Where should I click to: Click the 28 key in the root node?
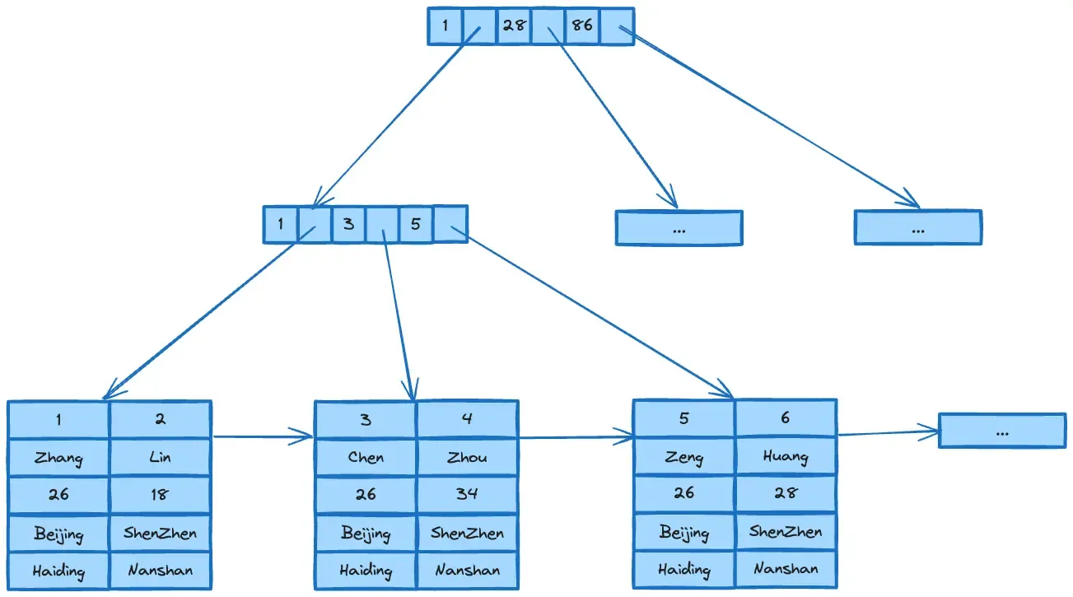pyautogui.click(x=514, y=26)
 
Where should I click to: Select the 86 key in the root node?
pyautogui.click(x=581, y=26)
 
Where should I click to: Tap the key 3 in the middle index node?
pyautogui.click(x=349, y=224)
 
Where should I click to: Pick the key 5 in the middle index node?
pyautogui.click(x=416, y=224)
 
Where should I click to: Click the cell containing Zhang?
pyautogui.click(x=58, y=457)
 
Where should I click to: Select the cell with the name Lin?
pyautogui.click(x=161, y=457)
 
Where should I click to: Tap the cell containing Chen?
pyautogui.click(x=366, y=457)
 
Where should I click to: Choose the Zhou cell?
pyautogui.click(x=467, y=457)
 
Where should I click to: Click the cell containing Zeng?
pyautogui.click(x=683, y=456)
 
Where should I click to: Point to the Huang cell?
pyautogui.click(x=786, y=456)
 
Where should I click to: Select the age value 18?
pyautogui.click(x=161, y=495)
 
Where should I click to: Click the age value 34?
pyautogui.click(x=467, y=495)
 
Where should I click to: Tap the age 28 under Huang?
pyautogui.click(x=786, y=493)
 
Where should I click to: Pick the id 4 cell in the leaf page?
pyautogui.click(x=467, y=419)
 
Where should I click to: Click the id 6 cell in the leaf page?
pyautogui.click(x=786, y=418)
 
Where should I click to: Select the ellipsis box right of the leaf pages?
pyautogui.click(x=1002, y=431)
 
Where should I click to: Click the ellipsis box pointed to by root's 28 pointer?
pyautogui.click(x=679, y=228)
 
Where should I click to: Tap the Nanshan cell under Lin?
pyautogui.click(x=161, y=570)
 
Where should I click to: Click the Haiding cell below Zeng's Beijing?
pyautogui.click(x=683, y=568)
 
